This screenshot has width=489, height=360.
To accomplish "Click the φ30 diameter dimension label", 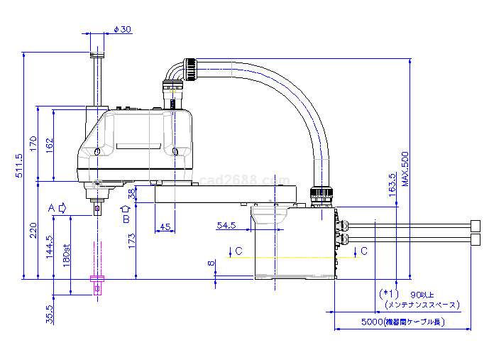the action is coord(122,29).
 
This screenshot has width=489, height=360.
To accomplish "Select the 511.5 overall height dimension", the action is coord(19,165).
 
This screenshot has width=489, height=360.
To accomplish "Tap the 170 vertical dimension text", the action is coord(33,143).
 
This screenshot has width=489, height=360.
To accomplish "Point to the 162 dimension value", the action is coord(49,146).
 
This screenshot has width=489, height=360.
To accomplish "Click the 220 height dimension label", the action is coord(33,230).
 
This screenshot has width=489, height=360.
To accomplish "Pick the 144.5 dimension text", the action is coord(49,247).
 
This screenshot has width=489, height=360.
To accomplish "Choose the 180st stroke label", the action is coord(67,256).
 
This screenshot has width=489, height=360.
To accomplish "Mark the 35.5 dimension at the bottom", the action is coord(49,315).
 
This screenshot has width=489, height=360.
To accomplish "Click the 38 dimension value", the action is coord(132,194).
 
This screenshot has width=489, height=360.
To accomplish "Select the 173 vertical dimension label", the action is coord(132,241).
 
